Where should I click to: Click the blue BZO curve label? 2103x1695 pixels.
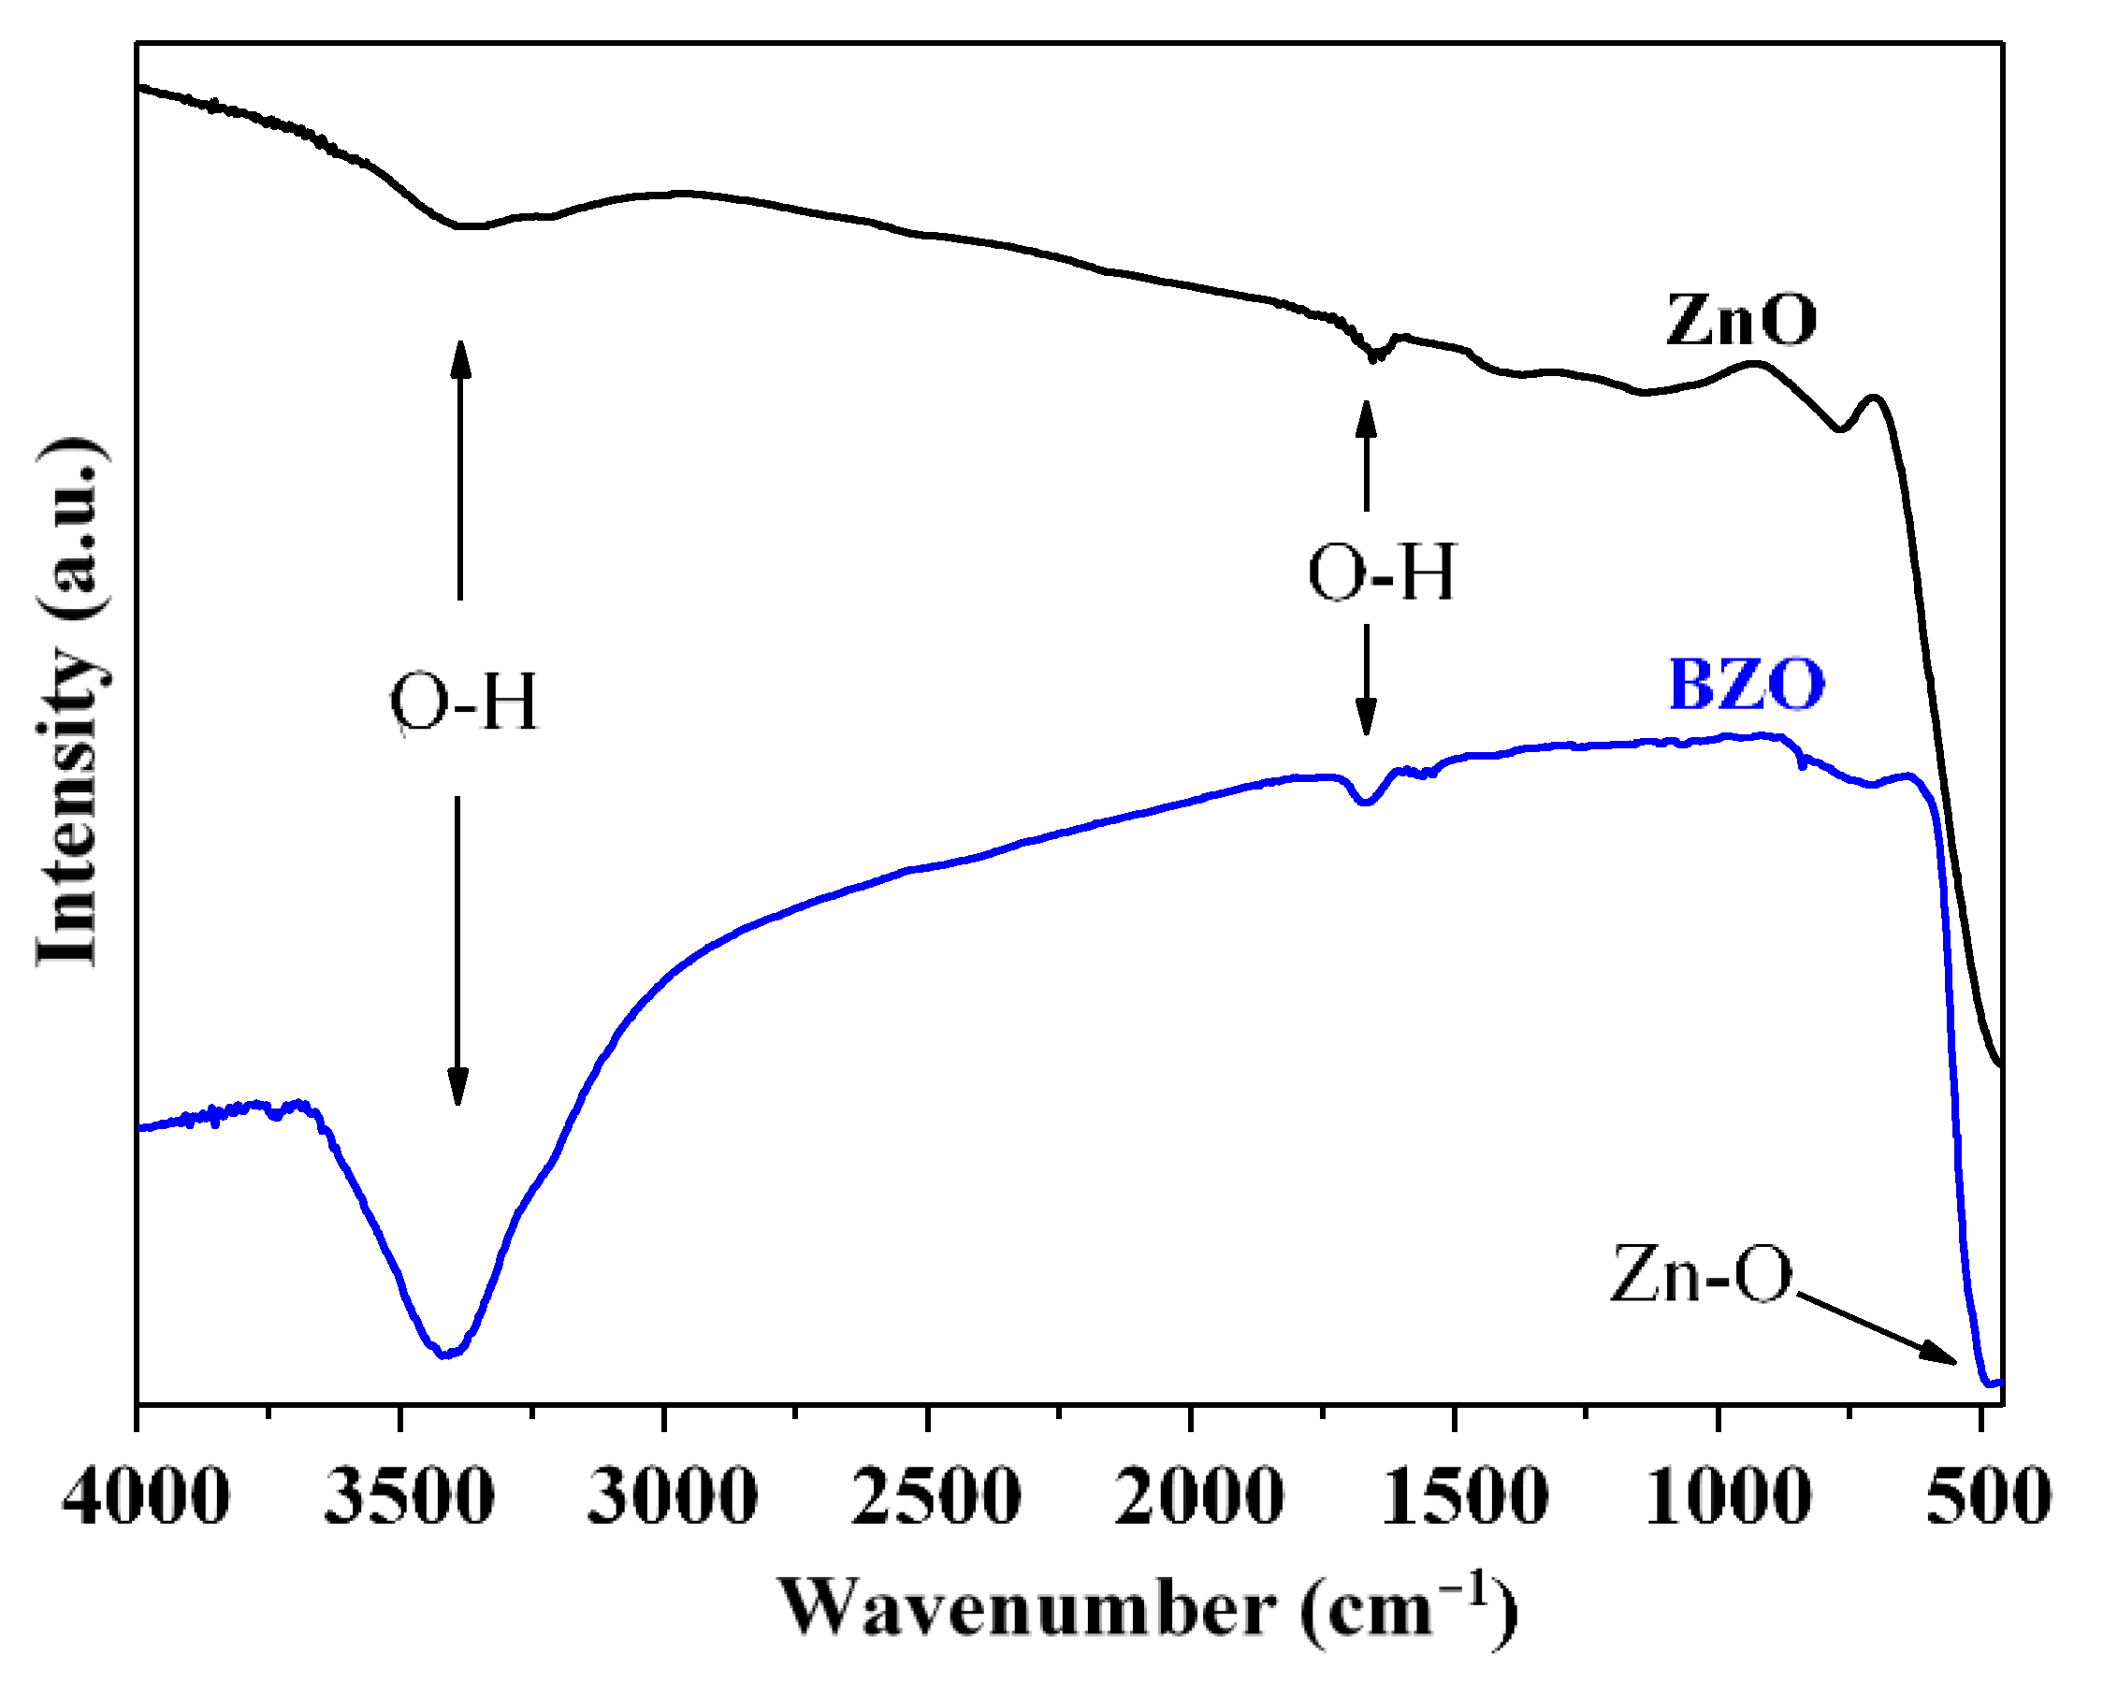coord(1746,685)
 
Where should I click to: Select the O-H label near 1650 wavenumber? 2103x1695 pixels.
coord(1381,572)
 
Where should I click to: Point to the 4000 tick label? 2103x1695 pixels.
coord(146,1496)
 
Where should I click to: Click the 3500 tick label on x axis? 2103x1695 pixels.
coord(408,1496)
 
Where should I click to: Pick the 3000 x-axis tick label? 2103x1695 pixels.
coord(672,1496)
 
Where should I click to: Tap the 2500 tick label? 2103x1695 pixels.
coord(935,1496)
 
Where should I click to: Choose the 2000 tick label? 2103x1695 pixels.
coord(1198,1496)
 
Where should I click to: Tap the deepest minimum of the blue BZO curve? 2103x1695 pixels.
coord(445,1355)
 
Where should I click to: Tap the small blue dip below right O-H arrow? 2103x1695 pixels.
coord(1366,802)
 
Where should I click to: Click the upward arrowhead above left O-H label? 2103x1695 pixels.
coord(460,356)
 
